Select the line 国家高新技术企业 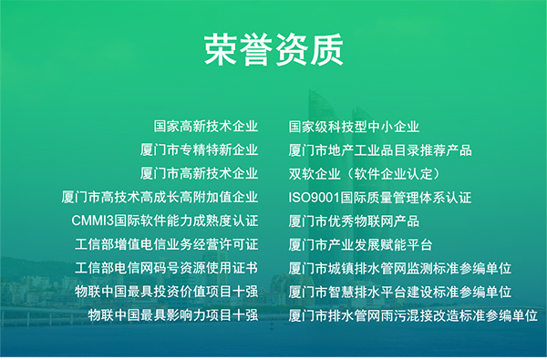206,127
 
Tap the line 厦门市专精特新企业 200,150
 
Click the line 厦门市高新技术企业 200,174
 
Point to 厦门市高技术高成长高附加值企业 160,197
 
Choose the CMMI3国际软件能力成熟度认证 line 165,221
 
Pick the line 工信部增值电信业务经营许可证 167,244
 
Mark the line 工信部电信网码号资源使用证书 167,268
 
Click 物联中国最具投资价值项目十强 167,292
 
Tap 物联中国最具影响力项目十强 173,315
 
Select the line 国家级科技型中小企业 354,127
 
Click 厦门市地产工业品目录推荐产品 380,150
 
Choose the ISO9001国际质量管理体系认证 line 380,197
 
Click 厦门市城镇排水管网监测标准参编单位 399,268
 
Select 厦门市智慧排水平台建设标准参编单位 399,292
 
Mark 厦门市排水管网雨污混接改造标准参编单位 412,315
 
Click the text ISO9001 314,197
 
